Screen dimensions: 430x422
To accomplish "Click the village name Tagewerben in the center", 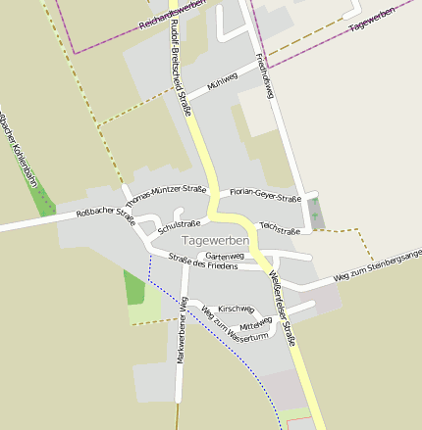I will [215, 240].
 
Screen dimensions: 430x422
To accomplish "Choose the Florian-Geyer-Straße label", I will [264, 196].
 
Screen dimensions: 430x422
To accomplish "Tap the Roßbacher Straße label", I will [104, 211].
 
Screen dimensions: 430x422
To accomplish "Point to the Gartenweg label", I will [225, 255].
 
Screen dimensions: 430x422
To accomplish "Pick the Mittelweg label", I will [255, 324].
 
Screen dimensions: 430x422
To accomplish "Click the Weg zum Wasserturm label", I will [234, 323].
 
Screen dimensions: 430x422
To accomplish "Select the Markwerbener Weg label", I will [182, 331].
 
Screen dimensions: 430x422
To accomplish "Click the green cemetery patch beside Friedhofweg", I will [314, 210].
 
